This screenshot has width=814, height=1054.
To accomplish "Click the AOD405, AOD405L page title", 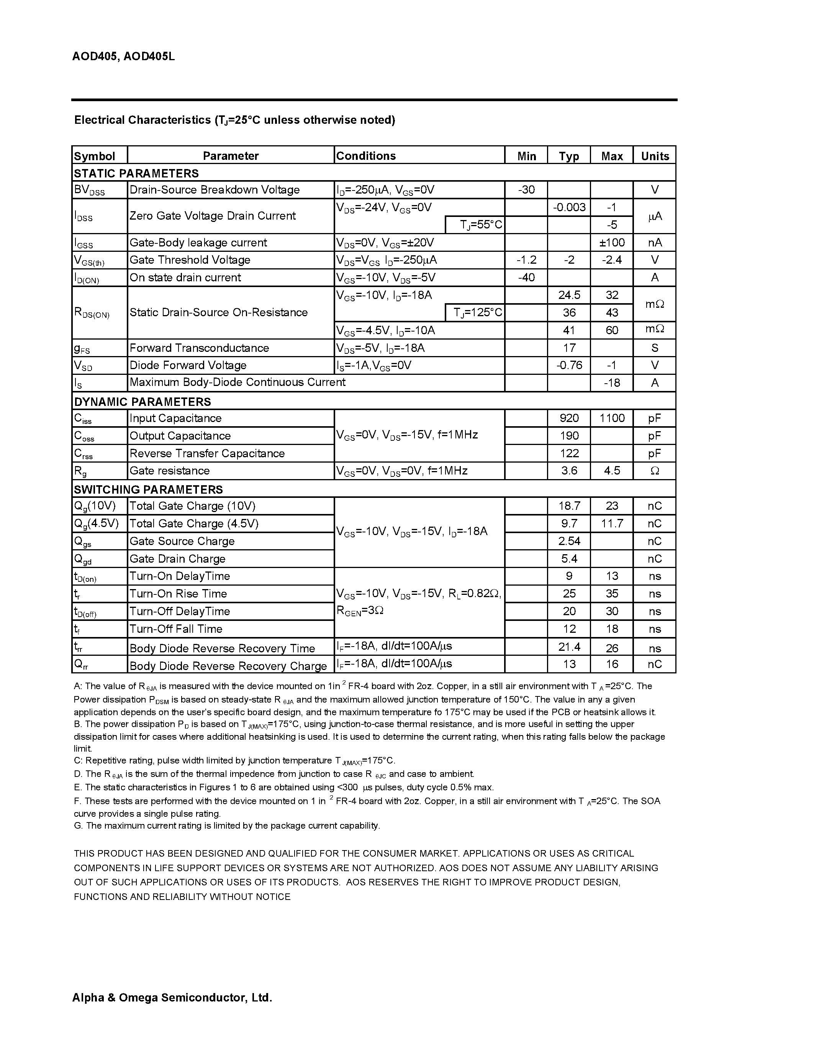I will click(x=123, y=56).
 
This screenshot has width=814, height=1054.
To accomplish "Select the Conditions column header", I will click(x=365, y=156).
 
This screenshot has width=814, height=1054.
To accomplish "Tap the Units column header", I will click(x=654, y=156).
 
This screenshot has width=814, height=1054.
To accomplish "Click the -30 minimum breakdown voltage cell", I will click(x=526, y=190).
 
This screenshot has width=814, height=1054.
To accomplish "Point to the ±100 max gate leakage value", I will click(x=611, y=242).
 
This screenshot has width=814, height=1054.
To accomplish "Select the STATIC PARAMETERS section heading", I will click(x=136, y=173).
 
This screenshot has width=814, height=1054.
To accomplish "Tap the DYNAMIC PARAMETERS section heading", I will click(x=142, y=402).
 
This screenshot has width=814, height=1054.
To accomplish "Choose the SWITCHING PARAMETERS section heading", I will click(x=148, y=489).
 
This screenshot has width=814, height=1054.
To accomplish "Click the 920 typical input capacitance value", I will click(x=569, y=418).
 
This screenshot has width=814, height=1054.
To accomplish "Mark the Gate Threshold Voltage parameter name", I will click(x=190, y=259).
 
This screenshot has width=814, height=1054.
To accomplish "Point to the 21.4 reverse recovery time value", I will click(x=569, y=647).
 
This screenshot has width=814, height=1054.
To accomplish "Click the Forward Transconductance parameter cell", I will click(x=199, y=348).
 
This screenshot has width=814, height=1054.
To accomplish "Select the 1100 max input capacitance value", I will click(x=611, y=418).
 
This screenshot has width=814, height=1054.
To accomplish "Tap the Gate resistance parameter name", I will click(x=169, y=471).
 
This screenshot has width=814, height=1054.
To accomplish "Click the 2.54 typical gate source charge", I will click(x=569, y=541).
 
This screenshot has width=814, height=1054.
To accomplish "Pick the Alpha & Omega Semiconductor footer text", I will click(x=172, y=998).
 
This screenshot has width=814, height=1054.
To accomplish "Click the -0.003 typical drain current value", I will click(x=569, y=207).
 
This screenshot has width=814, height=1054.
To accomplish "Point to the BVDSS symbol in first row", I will click(x=89, y=190).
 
